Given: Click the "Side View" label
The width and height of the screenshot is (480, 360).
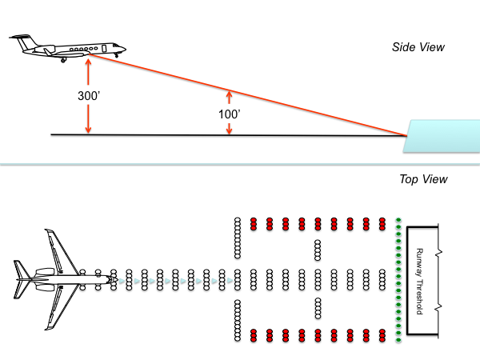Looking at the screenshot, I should (418, 48).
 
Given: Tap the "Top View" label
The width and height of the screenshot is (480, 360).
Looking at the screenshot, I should (423, 179).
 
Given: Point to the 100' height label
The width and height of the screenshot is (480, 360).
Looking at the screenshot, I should (230, 115).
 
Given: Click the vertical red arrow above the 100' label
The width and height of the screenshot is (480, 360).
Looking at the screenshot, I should (230, 97).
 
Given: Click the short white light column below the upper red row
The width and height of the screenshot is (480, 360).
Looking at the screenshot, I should (318, 250).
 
